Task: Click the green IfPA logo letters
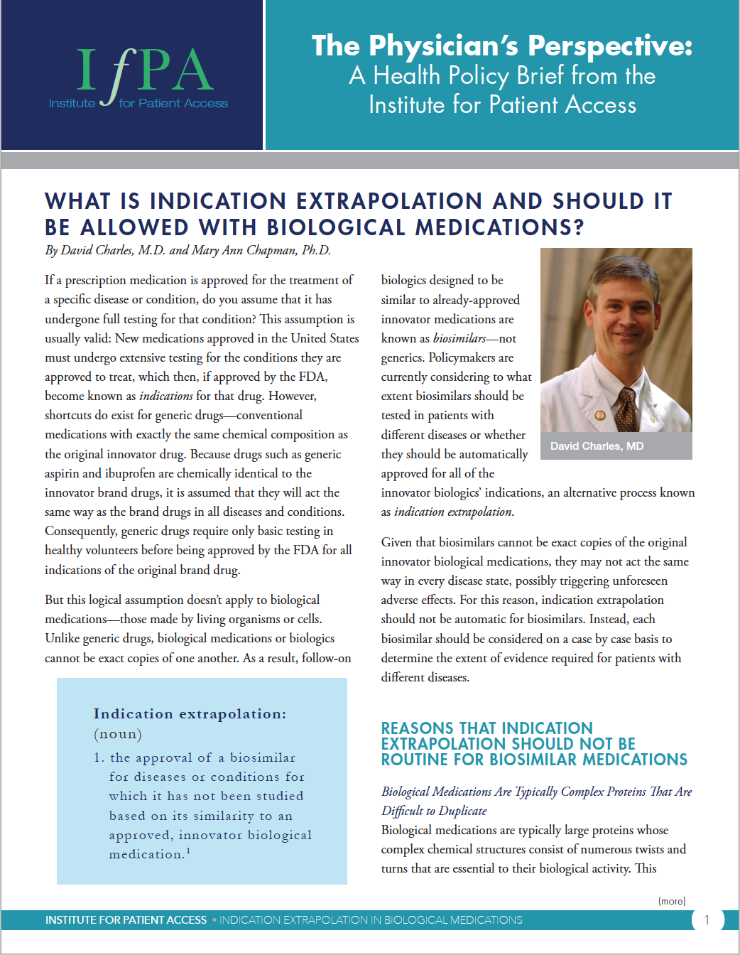click(x=144, y=71)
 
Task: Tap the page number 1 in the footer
click(x=707, y=919)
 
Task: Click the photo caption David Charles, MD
click(x=597, y=446)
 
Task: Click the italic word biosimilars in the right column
click(x=459, y=338)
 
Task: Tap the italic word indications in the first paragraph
click(x=165, y=396)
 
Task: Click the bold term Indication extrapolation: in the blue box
click(x=190, y=713)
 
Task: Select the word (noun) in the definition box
click(x=118, y=734)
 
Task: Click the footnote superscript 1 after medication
click(x=188, y=851)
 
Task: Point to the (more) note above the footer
click(x=672, y=901)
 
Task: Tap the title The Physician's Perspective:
click(x=501, y=46)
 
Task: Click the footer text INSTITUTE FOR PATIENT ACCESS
click(x=126, y=919)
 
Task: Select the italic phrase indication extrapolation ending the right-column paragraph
click(x=453, y=512)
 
